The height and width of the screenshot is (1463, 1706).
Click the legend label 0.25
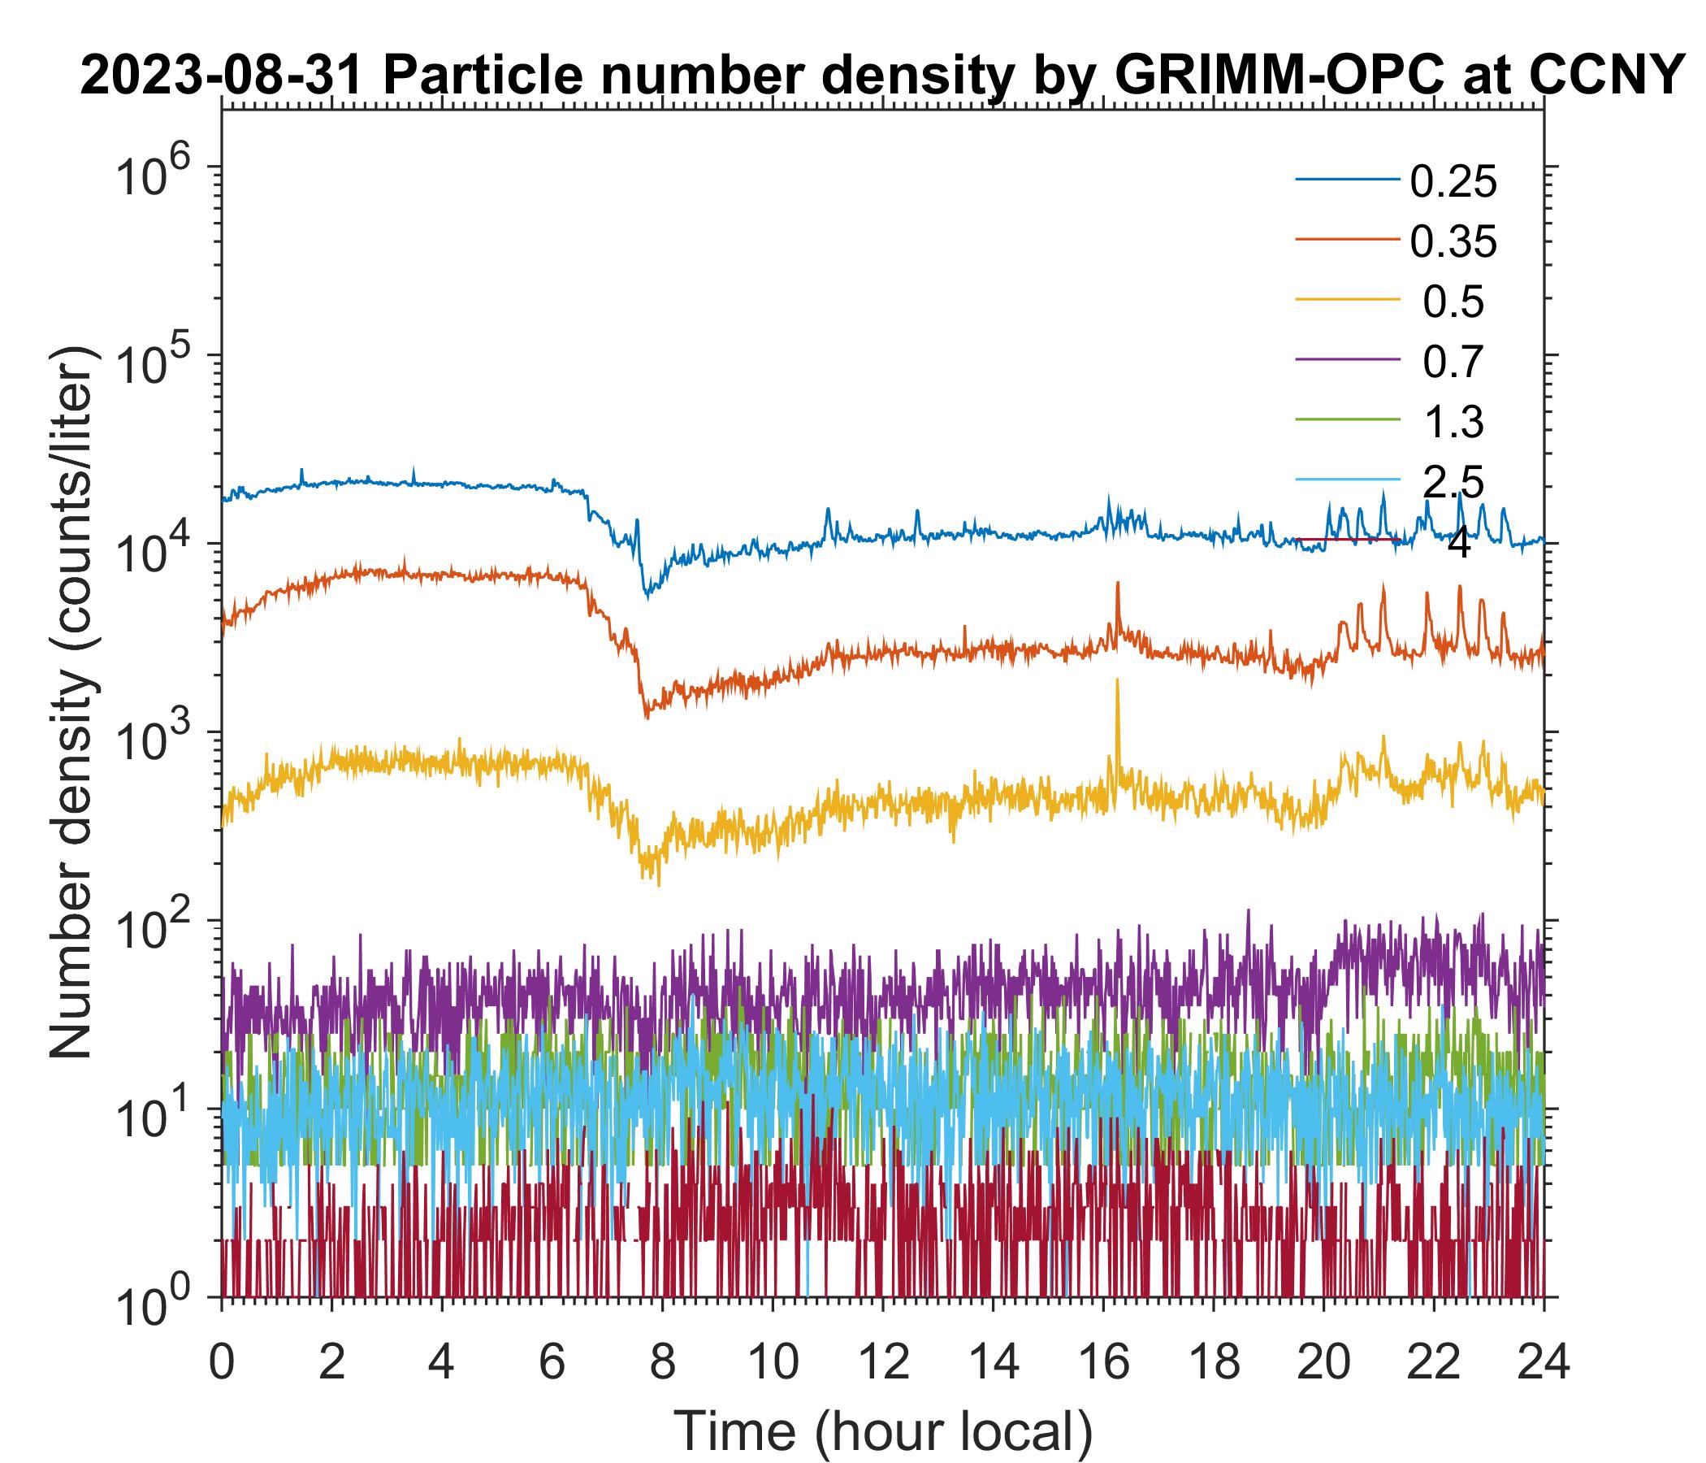pos(1453,183)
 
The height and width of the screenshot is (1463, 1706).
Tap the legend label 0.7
pos(1453,362)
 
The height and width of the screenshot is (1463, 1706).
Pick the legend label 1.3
pos(1453,423)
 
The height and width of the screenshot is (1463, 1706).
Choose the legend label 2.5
pos(1453,483)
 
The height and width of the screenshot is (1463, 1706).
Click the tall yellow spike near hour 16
pos(1117,692)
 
